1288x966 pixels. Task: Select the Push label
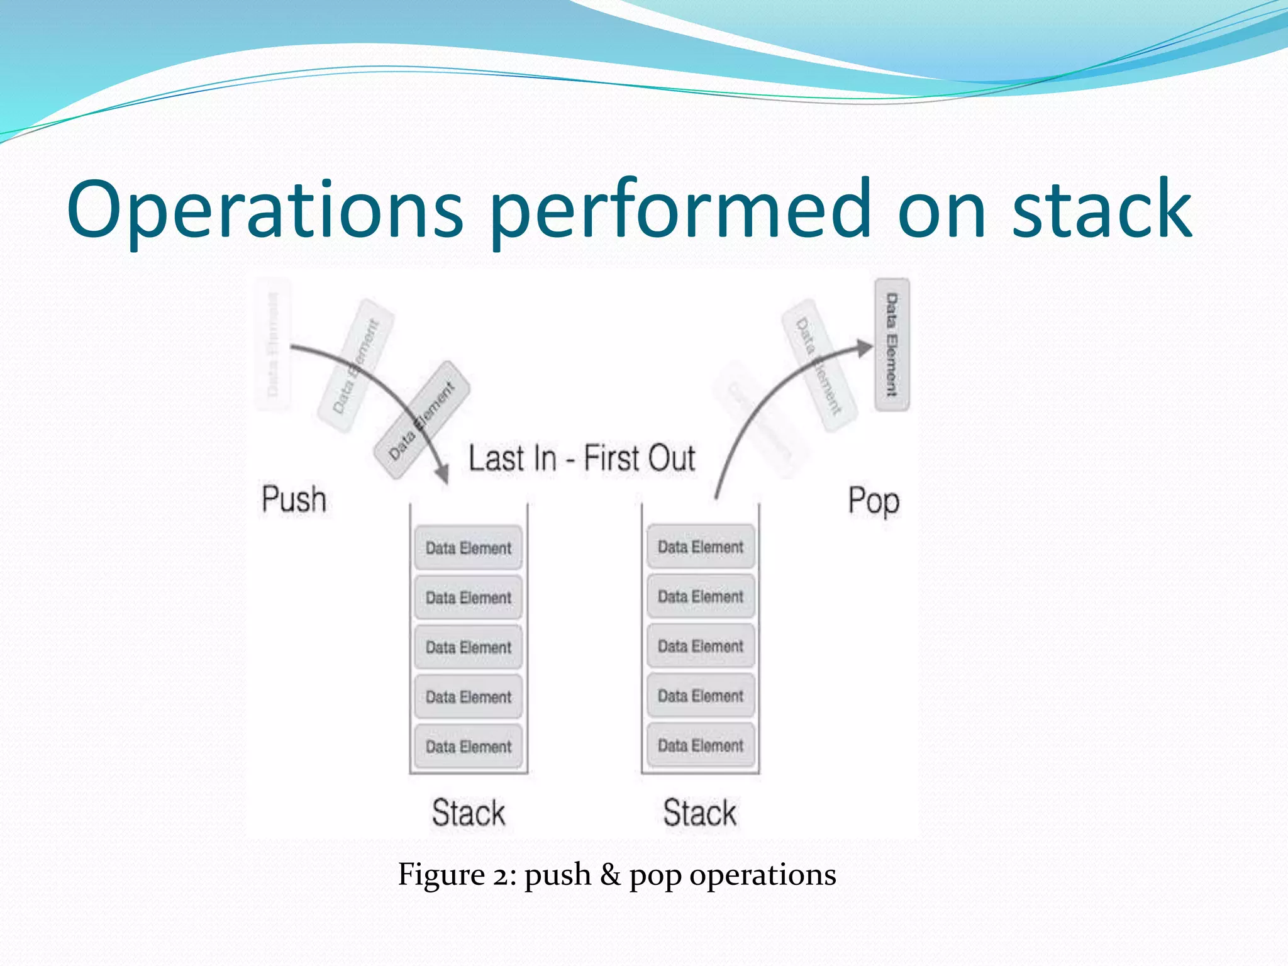click(294, 499)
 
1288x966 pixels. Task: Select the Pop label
click(874, 501)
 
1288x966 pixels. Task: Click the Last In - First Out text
click(582, 458)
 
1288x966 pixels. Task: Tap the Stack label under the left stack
click(469, 813)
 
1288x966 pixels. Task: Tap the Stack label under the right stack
click(700, 813)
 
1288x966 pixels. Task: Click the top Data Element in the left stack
click(469, 548)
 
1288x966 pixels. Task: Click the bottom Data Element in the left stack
click(469, 747)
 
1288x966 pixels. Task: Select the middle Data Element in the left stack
click(469, 647)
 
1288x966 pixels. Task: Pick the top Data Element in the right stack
click(701, 547)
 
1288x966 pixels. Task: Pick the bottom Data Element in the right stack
click(701, 745)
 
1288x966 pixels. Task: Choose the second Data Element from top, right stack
click(701, 596)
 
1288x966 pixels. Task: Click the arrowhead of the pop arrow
click(866, 347)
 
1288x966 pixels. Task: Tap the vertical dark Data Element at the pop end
click(892, 345)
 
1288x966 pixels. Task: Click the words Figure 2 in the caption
click(457, 875)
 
